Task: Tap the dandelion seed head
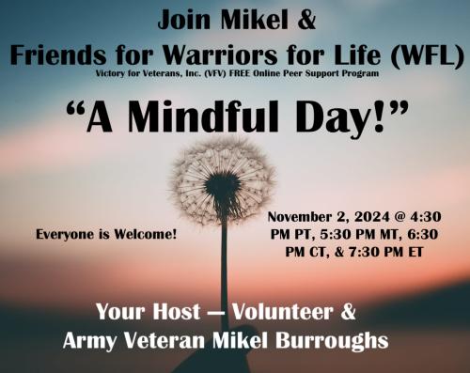tap(223, 179)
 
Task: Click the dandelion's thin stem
tap(224, 272)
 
